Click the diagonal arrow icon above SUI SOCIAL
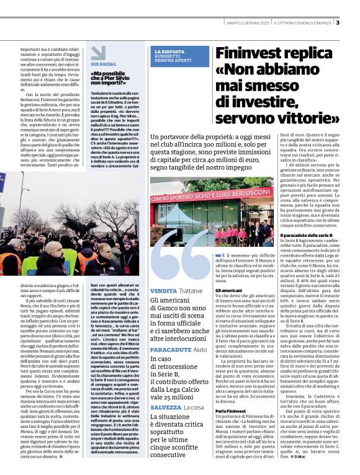click(98, 52)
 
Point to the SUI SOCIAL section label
click(103, 64)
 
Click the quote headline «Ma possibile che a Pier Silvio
click(116, 79)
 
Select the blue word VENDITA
click(163, 290)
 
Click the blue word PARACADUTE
click(170, 350)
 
